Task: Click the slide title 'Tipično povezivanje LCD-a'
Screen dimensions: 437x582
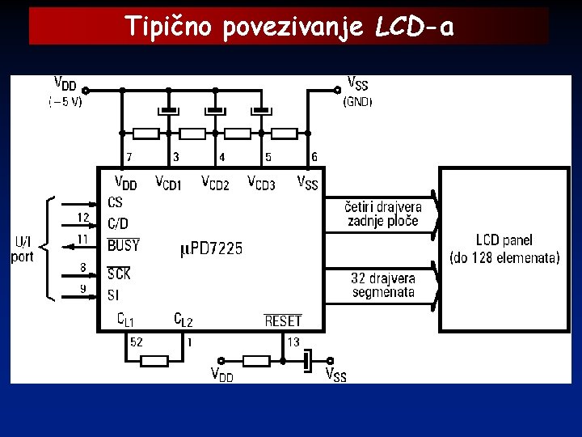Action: pyautogui.click(x=289, y=28)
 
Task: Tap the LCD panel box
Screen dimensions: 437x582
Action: pyautogui.click(x=504, y=249)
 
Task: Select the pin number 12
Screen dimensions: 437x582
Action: pyautogui.click(x=83, y=217)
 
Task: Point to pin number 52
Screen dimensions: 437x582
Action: pyautogui.click(x=137, y=342)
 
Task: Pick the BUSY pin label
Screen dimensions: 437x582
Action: pyautogui.click(x=124, y=244)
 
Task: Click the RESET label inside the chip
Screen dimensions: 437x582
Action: pyautogui.click(x=282, y=321)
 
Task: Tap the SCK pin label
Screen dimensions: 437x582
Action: pyautogui.click(x=119, y=274)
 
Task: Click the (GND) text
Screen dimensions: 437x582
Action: pyautogui.click(x=357, y=103)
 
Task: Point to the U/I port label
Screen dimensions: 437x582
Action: pyautogui.click(x=23, y=249)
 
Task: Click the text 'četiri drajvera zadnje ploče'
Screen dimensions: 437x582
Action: pyautogui.click(x=382, y=214)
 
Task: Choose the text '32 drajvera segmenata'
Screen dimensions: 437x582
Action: pyautogui.click(x=382, y=285)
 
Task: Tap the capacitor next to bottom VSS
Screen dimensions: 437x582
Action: pyautogui.click(x=308, y=361)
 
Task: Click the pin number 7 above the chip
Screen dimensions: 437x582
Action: pyautogui.click(x=129, y=156)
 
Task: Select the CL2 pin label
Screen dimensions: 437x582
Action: pyautogui.click(x=183, y=320)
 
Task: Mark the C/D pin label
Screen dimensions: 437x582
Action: pyautogui.click(x=118, y=223)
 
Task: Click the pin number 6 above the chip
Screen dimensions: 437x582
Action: pyautogui.click(x=314, y=156)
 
